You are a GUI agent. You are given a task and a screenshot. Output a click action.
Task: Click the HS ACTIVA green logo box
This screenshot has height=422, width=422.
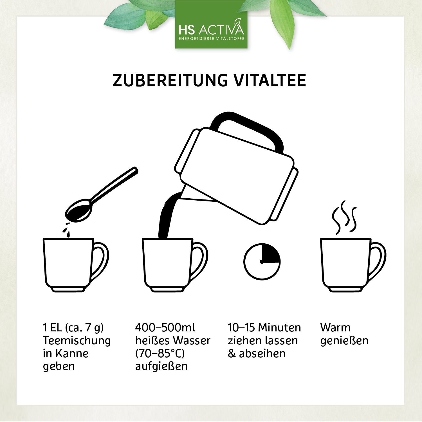[x=211, y=24]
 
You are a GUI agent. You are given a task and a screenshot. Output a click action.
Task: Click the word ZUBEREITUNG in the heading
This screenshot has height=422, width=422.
[x=170, y=80]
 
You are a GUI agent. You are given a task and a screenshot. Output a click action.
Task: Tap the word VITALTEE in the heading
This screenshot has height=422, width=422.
[x=270, y=80]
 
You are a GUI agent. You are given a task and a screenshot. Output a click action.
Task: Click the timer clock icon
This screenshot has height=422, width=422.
[x=262, y=262]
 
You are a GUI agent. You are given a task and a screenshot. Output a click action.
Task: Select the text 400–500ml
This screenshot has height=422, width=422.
[x=165, y=327]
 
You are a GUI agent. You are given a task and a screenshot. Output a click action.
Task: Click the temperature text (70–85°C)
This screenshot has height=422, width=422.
[x=160, y=353]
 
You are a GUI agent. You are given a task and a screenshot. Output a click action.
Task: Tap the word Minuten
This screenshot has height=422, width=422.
[x=280, y=327]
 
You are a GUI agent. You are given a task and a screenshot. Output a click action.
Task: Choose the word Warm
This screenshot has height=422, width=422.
[x=335, y=327]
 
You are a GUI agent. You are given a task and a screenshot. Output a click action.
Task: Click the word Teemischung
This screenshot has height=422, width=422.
[x=77, y=341]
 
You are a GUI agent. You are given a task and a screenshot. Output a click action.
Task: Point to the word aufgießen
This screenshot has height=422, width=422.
[x=161, y=366]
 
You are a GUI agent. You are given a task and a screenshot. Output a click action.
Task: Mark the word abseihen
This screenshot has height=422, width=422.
[x=262, y=353]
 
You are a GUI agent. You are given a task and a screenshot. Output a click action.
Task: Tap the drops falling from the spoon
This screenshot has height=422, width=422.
[x=67, y=229]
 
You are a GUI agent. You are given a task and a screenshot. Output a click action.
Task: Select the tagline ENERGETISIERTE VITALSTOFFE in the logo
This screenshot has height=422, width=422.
[x=212, y=39]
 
